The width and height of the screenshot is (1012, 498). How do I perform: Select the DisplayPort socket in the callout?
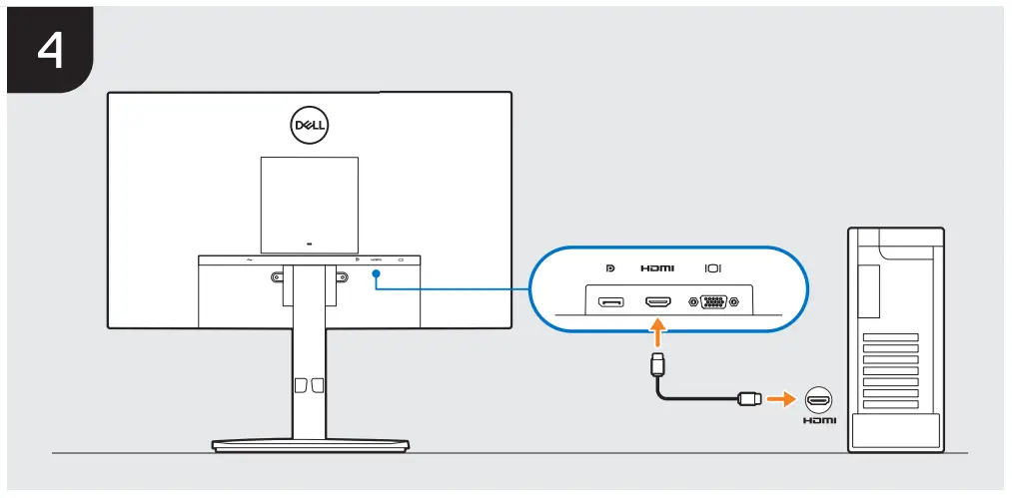tap(610, 300)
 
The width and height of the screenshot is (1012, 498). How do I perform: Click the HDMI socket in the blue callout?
tap(657, 300)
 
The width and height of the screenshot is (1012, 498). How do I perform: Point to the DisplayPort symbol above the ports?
tap(610, 268)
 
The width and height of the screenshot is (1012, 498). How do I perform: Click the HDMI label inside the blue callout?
tap(657, 268)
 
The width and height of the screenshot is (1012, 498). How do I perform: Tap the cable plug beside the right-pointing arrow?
tap(748, 399)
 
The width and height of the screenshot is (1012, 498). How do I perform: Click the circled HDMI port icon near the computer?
tap(818, 399)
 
